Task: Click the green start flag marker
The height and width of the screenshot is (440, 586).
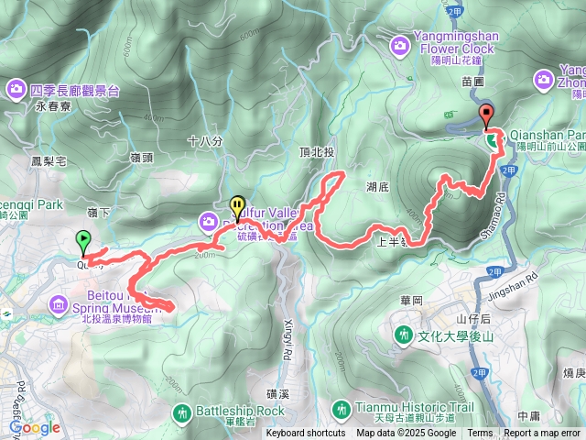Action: (84, 240)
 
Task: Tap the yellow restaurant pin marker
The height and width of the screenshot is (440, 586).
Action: (237, 205)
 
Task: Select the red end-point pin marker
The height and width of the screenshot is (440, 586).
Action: (485, 115)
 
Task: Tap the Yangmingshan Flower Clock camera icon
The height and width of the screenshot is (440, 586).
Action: (400, 43)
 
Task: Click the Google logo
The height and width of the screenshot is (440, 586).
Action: (35, 427)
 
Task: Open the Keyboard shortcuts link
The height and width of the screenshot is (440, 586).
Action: (306, 434)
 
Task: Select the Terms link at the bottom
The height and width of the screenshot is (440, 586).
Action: (480, 434)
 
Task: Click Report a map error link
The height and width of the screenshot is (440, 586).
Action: (542, 434)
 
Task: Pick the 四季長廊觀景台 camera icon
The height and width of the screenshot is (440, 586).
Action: (16, 90)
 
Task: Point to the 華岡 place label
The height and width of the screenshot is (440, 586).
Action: (409, 299)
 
